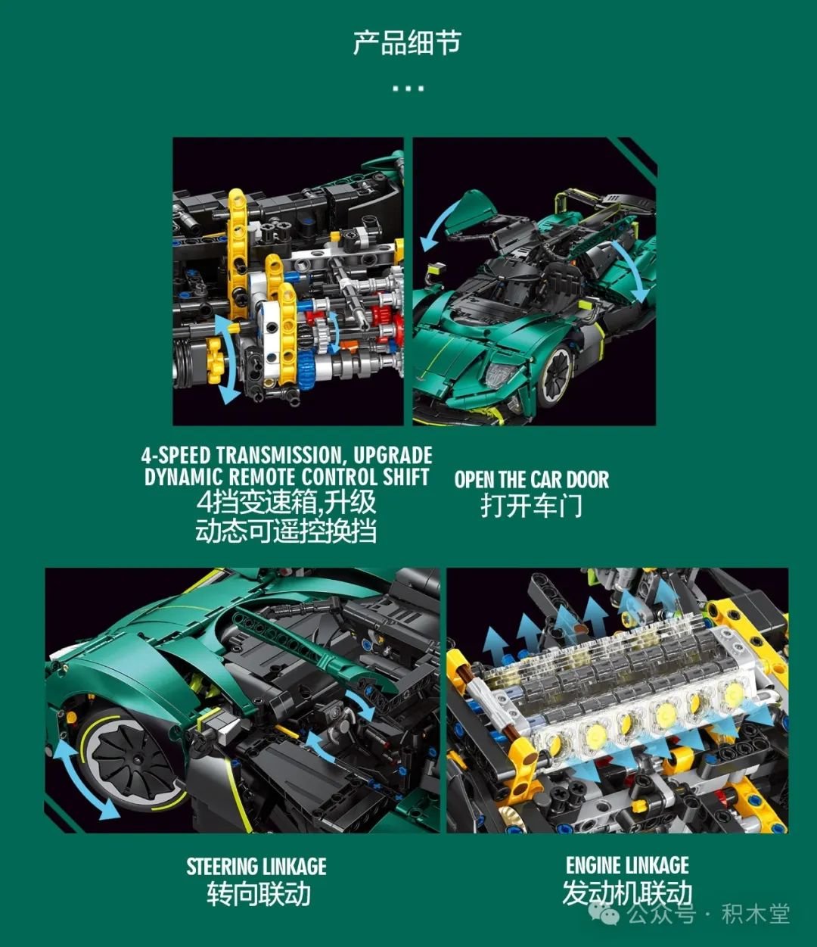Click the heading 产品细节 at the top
pos(407,42)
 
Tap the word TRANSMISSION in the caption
pos(278,455)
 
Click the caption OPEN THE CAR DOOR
pos(532,479)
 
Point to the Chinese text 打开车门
pos(532,506)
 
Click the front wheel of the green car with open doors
pos(555,376)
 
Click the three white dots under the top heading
pos(408,88)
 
